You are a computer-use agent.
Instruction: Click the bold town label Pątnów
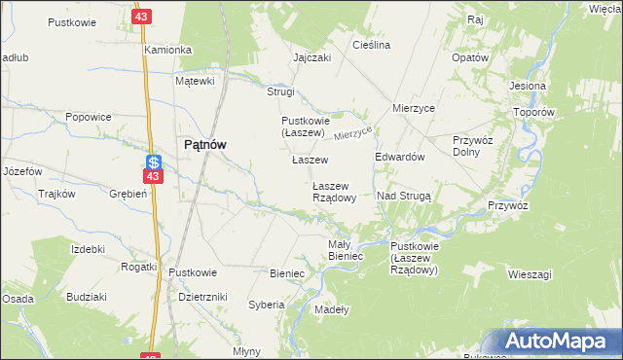(x=205, y=144)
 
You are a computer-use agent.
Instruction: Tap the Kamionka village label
(x=167, y=49)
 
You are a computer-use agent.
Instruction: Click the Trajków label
(x=56, y=194)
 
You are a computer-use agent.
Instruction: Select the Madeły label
(x=333, y=309)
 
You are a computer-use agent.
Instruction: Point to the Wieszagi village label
(x=530, y=274)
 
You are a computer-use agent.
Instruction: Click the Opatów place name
(x=469, y=57)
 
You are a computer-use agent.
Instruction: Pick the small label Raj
(x=475, y=19)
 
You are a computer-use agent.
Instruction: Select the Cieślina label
(x=371, y=45)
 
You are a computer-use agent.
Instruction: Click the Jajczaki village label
(x=312, y=57)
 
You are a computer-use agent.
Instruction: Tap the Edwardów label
(x=400, y=157)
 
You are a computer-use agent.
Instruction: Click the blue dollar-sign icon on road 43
(x=154, y=162)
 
